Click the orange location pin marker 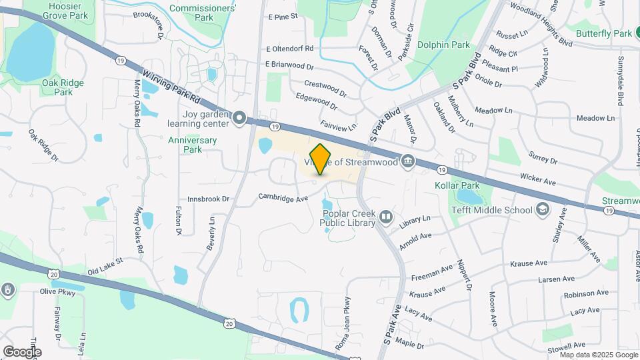(x=321, y=159)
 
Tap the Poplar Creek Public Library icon (x=385, y=217)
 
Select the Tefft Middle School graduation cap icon (x=543, y=210)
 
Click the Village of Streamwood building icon (x=407, y=161)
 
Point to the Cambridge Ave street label (x=283, y=198)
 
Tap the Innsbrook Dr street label (x=208, y=199)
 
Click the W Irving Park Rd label (x=171, y=87)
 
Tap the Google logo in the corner (x=21, y=351)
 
